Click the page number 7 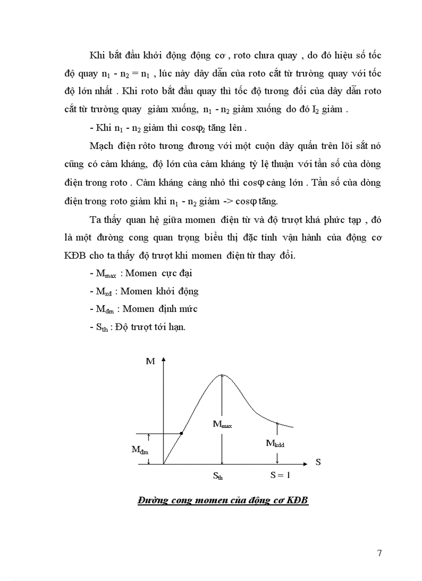(x=380, y=553)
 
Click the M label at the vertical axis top (x=150, y=361)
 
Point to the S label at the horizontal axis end (x=318, y=462)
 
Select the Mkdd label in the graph (x=276, y=443)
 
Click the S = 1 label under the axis (x=280, y=474)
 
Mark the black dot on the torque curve (x=180, y=433)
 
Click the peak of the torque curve (x=221, y=375)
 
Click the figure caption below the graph (x=223, y=501)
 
